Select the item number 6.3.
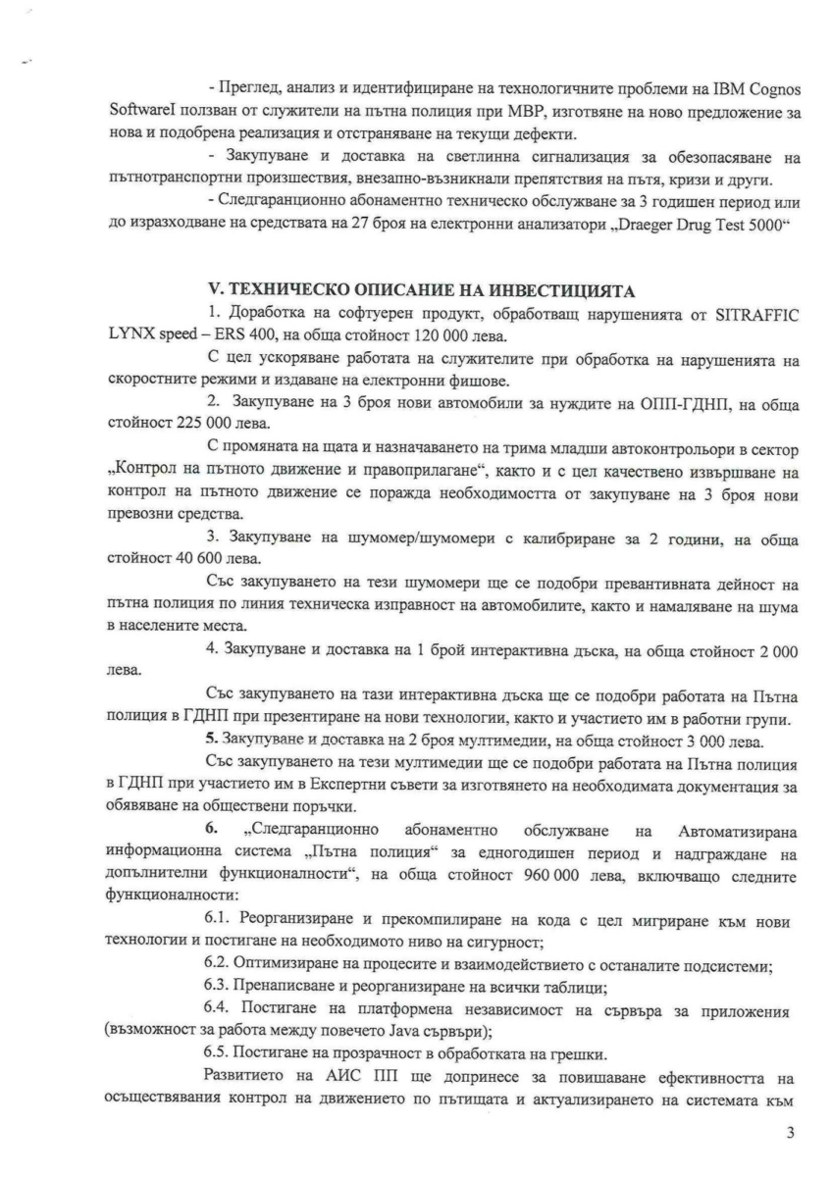(x=218, y=986)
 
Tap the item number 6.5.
(x=218, y=1052)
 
